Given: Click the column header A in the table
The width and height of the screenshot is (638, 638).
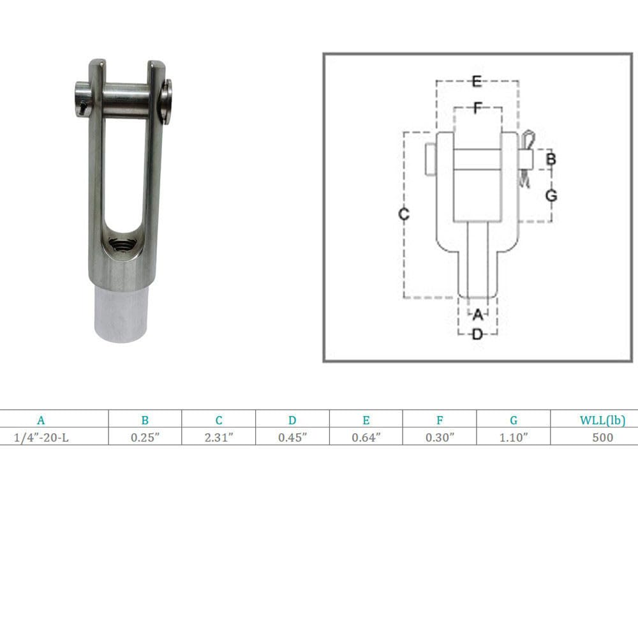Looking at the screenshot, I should (41, 420).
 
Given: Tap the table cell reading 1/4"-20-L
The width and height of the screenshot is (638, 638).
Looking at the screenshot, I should (41, 437).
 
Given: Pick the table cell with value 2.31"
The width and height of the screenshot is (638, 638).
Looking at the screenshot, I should (219, 437).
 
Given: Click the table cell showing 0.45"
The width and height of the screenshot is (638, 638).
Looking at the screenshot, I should (292, 437).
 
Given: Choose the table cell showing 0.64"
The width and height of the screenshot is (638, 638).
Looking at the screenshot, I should (366, 437).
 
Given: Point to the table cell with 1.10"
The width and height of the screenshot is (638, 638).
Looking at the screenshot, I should (513, 437).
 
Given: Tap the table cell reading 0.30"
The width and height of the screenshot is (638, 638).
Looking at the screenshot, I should (440, 437).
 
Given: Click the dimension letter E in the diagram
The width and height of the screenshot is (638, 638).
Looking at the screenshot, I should (477, 81).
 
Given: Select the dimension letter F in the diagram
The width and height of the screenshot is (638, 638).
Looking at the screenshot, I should (477, 108).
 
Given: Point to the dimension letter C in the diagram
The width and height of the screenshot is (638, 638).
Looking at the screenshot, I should (404, 214).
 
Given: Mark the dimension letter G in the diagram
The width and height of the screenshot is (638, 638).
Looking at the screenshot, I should (551, 195).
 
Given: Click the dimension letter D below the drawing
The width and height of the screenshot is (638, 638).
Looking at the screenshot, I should (477, 334).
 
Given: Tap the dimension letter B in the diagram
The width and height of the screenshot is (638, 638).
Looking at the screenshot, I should (551, 159).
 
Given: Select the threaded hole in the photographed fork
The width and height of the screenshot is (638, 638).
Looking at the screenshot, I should (122, 244).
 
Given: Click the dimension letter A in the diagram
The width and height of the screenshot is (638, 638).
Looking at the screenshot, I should (477, 314).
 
